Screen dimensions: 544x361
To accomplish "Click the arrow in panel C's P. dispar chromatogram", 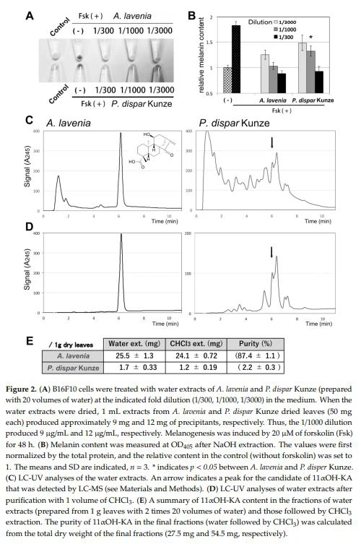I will [272, 143].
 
